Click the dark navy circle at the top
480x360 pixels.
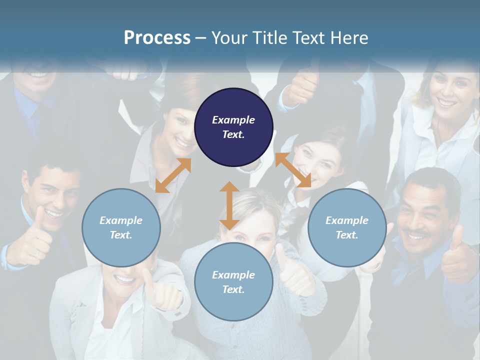pyautogui.click(x=233, y=127)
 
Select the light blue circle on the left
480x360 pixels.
pyautogui.click(x=121, y=227)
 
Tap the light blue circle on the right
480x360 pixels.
pyautogui.click(x=346, y=227)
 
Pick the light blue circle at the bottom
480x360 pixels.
pyautogui.click(x=233, y=281)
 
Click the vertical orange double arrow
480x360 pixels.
pyautogui.click(x=229, y=205)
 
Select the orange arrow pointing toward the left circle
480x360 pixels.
pyautogui.click(x=173, y=175)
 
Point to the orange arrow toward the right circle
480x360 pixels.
pyautogui.click(x=293, y=170)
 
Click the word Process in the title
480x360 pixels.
pyautogui.click(x=157, y=37)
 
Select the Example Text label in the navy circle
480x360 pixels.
pyautogui.click(x=233, y=127)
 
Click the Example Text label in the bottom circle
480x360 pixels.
pyautogui.click(x=233, y=282)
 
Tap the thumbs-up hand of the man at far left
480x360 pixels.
pyautogui.click(x=32, y=240)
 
